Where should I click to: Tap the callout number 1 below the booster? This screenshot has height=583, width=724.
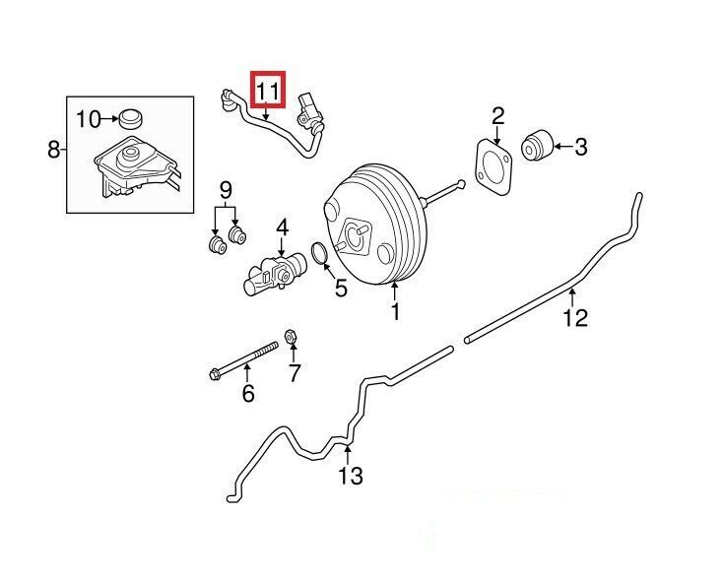395,312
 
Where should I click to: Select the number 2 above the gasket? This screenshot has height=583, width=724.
498,115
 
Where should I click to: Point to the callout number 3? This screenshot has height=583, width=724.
580,148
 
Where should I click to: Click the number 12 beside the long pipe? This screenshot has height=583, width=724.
575,317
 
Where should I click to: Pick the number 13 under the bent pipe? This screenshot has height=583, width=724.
351,476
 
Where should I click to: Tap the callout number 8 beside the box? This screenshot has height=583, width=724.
53,150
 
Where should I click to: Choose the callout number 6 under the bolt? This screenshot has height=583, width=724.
247,394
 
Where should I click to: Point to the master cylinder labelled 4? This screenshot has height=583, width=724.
272,273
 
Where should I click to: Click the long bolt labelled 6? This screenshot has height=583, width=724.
245,359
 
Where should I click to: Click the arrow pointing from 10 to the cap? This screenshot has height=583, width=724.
108,120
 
